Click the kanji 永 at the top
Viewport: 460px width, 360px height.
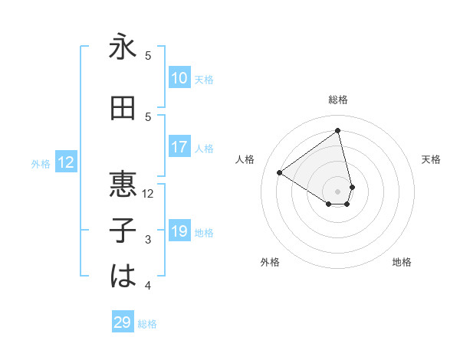point(123,47)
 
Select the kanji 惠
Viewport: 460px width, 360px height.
point(123,184)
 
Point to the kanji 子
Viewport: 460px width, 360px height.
point(123,229)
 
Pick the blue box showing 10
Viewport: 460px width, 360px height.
point(179,78)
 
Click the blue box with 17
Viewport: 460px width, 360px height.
point(179,147)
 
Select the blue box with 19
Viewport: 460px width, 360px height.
point(179,231)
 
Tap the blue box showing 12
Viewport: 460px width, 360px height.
point(66,162)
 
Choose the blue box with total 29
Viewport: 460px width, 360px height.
point(123,322)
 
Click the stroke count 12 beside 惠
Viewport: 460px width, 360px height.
point(149,194)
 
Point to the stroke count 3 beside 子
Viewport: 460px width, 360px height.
point(149,240)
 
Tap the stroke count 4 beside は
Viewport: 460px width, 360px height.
point(149,286)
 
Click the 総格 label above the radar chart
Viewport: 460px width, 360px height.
point(338,100)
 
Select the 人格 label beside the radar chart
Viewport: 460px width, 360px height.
point(245,159)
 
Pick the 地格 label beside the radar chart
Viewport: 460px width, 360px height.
point(402,262)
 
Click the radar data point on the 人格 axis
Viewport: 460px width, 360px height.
point(280,172)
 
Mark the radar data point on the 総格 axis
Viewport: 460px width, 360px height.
point(338,131)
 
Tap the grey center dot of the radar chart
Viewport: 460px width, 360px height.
point(338,191)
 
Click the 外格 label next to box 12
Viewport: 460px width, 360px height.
point(41,163)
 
